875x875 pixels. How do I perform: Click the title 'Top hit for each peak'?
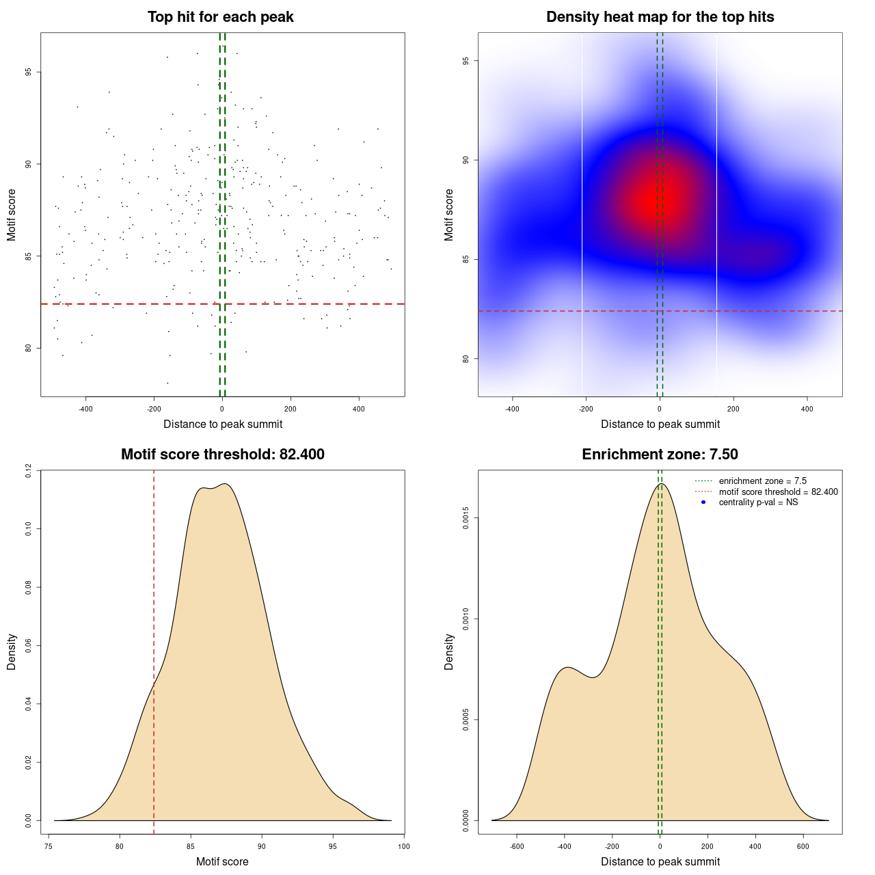pos(221,17)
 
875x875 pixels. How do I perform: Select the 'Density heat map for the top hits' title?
pos(660,17)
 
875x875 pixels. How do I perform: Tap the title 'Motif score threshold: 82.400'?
pos(222,455)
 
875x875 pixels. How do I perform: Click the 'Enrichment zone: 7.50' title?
pos(660,455)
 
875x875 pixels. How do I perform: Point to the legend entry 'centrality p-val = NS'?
pos(758,502)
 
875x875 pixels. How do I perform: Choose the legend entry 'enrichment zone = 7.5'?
pos(762,481)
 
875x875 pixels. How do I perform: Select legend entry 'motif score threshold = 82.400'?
pos(778,492)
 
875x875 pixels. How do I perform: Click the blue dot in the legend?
pos(703,502)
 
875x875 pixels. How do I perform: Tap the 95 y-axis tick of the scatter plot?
pos(28,72)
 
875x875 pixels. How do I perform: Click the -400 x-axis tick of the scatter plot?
pos(85,409)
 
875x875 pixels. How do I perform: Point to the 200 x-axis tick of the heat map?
pos(733,409)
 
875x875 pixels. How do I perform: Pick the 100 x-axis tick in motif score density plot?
pos(403,846)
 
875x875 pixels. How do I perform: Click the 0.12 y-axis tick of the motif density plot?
pos(28,470)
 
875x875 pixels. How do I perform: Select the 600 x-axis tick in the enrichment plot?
pos(803,846)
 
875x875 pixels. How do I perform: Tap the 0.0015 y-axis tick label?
pos(466,517)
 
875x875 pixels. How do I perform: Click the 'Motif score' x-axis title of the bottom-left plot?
pos(222,861)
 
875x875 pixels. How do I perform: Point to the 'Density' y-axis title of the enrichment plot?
pos(449,651)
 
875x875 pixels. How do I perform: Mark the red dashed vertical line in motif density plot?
pos(154,649)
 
